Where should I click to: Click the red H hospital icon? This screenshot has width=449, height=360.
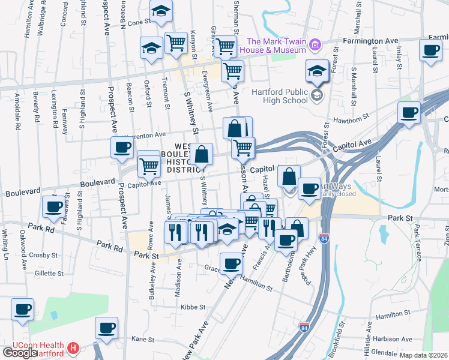tap(73, 347)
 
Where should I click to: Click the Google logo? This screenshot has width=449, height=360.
tap(19, 353)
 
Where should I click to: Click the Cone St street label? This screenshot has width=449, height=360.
tap(138, 22)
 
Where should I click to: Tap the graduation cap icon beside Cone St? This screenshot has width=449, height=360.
tap(161, 11)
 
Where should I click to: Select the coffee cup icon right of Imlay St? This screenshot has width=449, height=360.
tap(430, 50)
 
